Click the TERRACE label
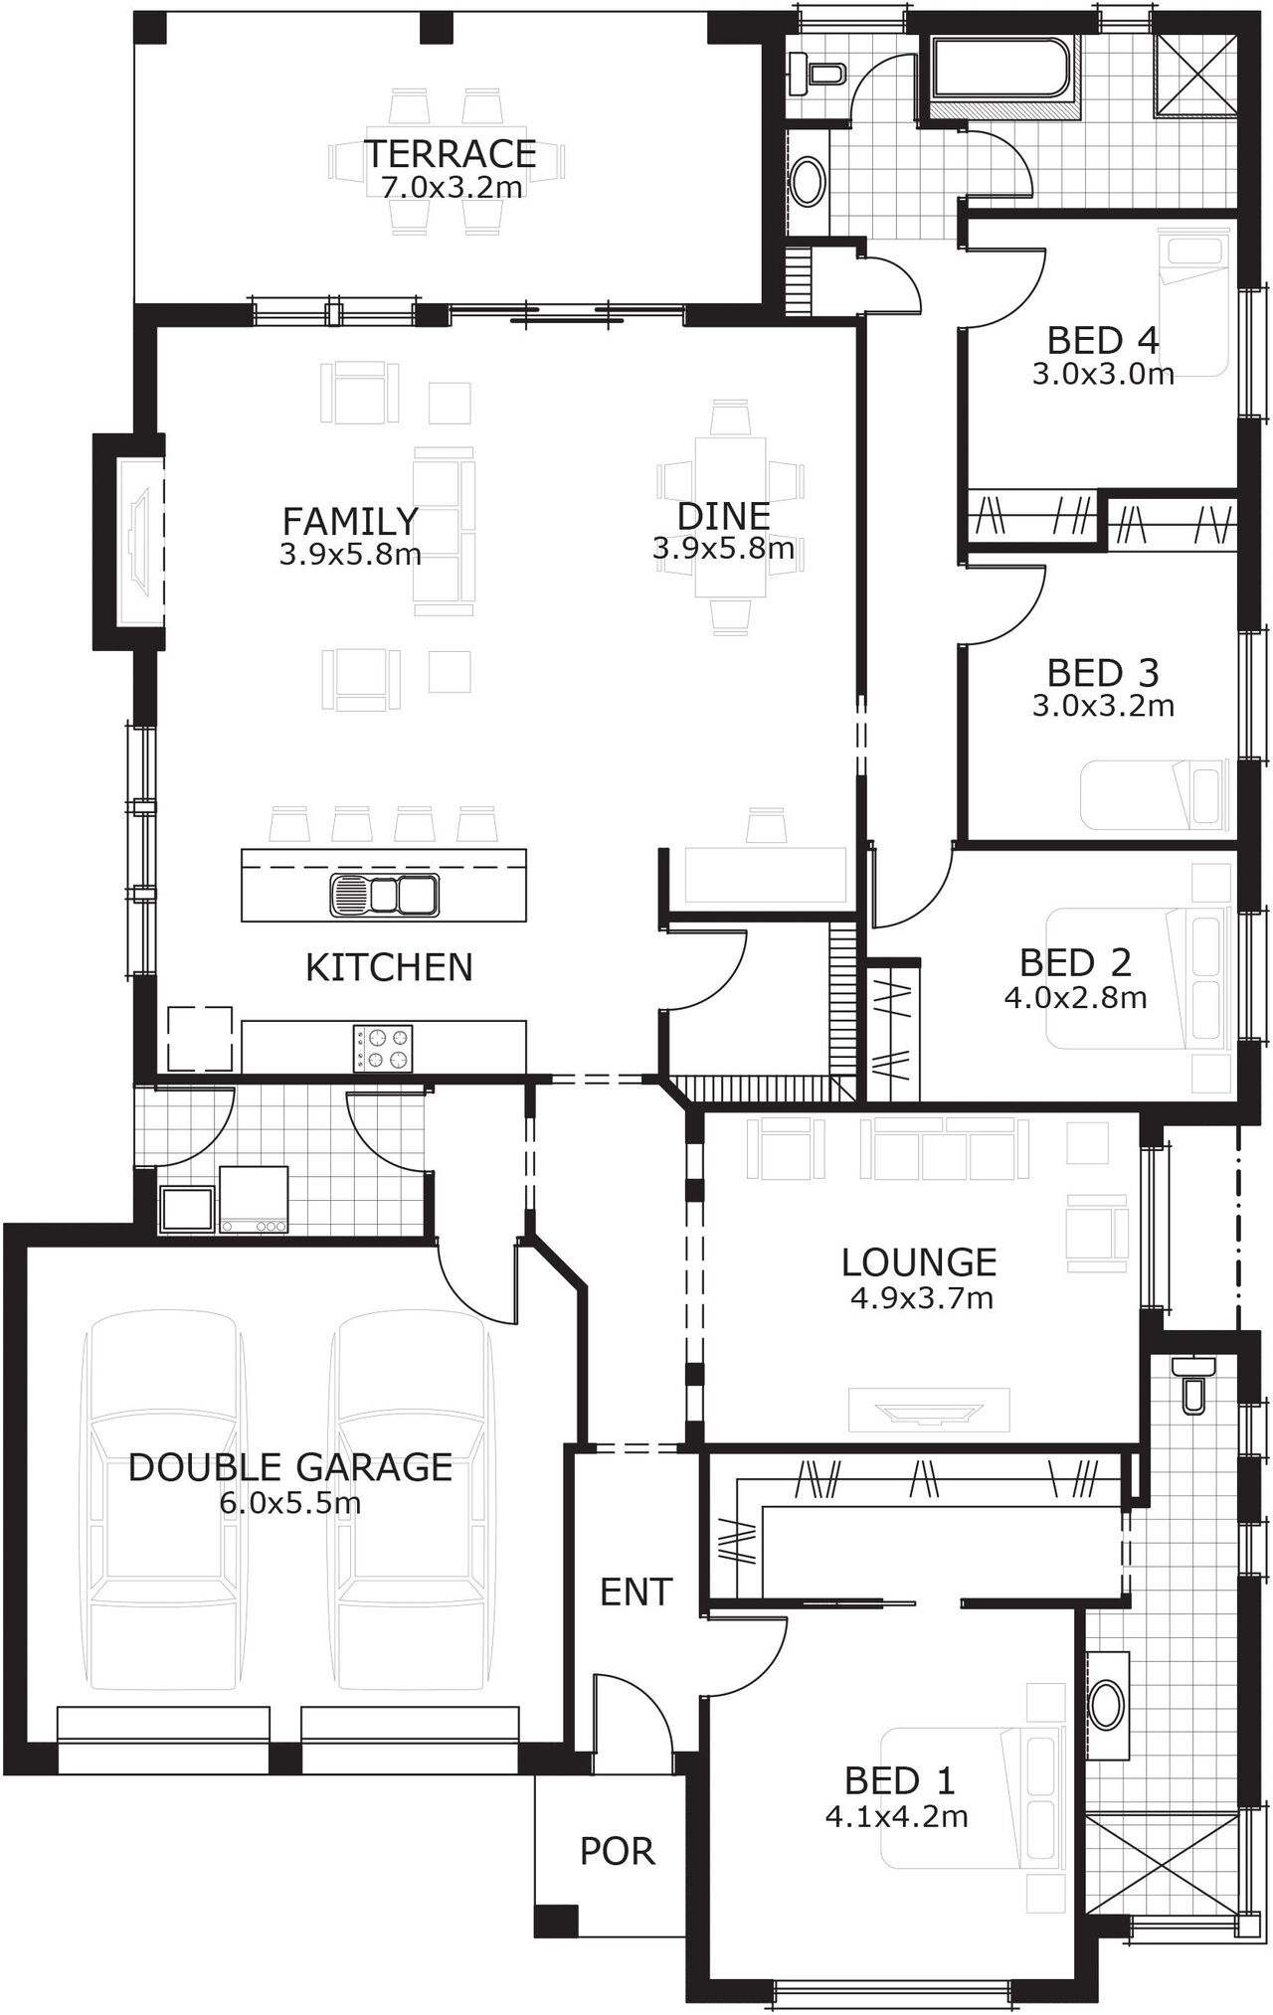coord(450,154)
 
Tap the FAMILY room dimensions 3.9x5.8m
coord(350,554)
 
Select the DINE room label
coord(723,516)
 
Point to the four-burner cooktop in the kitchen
coord(383,1048)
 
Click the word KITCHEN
coord(389,967)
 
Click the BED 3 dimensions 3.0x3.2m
coord(1102,706)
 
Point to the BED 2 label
coord(1075,962)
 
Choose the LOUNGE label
coord(919,1261)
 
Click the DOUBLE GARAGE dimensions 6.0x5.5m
coord(289,1503)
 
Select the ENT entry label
coord(636,1592)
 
